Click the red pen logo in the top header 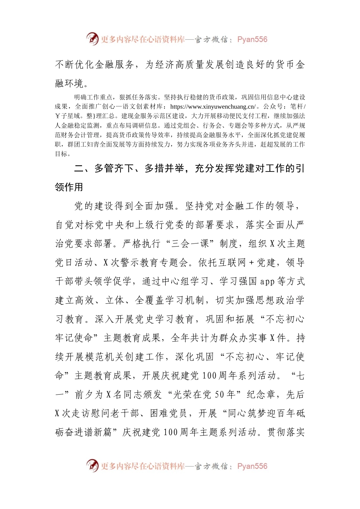point(92,39)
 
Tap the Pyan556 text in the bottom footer point(252,466)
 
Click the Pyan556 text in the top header point(252,39)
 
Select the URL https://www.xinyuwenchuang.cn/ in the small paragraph point(213,107)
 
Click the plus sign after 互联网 point(251,262)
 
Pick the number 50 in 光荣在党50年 point(220,395)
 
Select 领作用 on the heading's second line point(69,187)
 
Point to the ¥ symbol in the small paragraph point(58,116)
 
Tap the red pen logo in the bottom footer point(92,466)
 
